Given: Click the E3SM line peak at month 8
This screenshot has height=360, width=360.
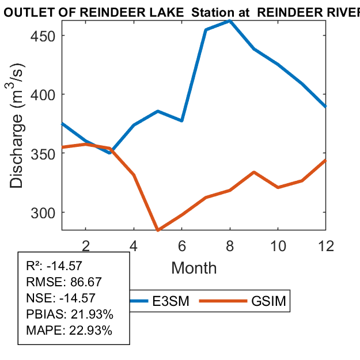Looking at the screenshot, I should click(230, 21).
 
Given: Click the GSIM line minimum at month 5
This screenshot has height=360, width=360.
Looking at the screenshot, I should click(158, 230).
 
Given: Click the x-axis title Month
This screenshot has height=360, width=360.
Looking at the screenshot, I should click(194, 268).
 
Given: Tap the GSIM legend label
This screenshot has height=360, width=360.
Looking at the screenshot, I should click(269, 302).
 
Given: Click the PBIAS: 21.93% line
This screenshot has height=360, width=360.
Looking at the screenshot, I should click(70, 314).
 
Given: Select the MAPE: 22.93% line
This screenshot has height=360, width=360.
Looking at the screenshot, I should click(69, 331).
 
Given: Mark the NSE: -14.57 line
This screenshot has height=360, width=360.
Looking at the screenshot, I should click(60, 298).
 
